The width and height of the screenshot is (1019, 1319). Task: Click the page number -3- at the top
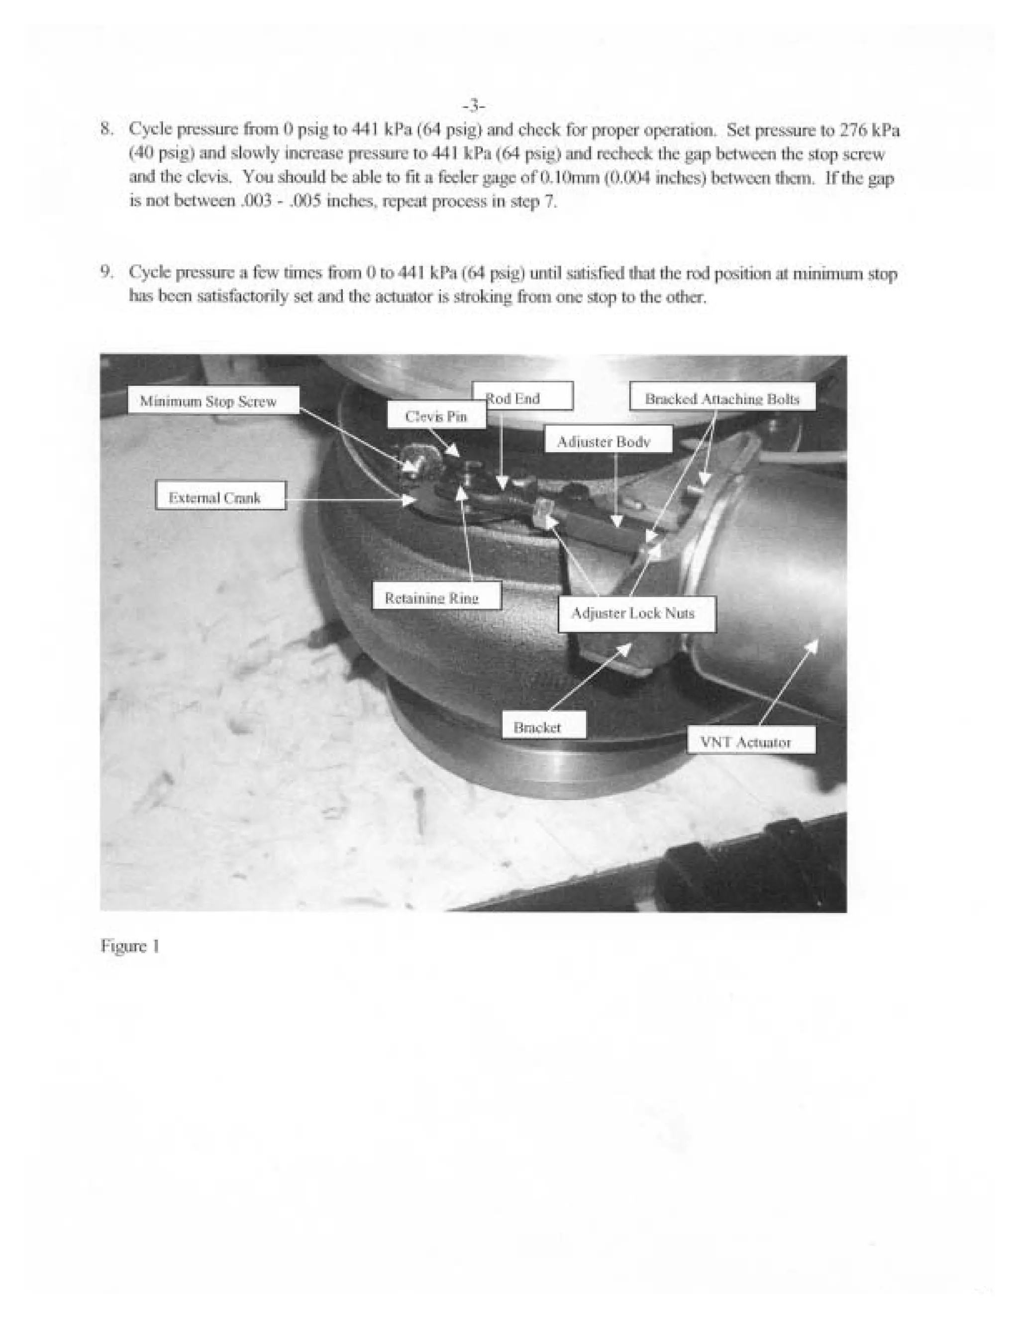click(474, 107)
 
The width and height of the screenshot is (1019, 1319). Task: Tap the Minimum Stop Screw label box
click(213, 400)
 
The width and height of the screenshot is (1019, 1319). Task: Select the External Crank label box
click(220, 496)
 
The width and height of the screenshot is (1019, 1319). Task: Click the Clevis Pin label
click(436, 416)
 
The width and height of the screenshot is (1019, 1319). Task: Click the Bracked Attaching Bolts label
click(722, 397)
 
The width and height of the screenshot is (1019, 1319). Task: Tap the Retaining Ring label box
click(436, 597)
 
